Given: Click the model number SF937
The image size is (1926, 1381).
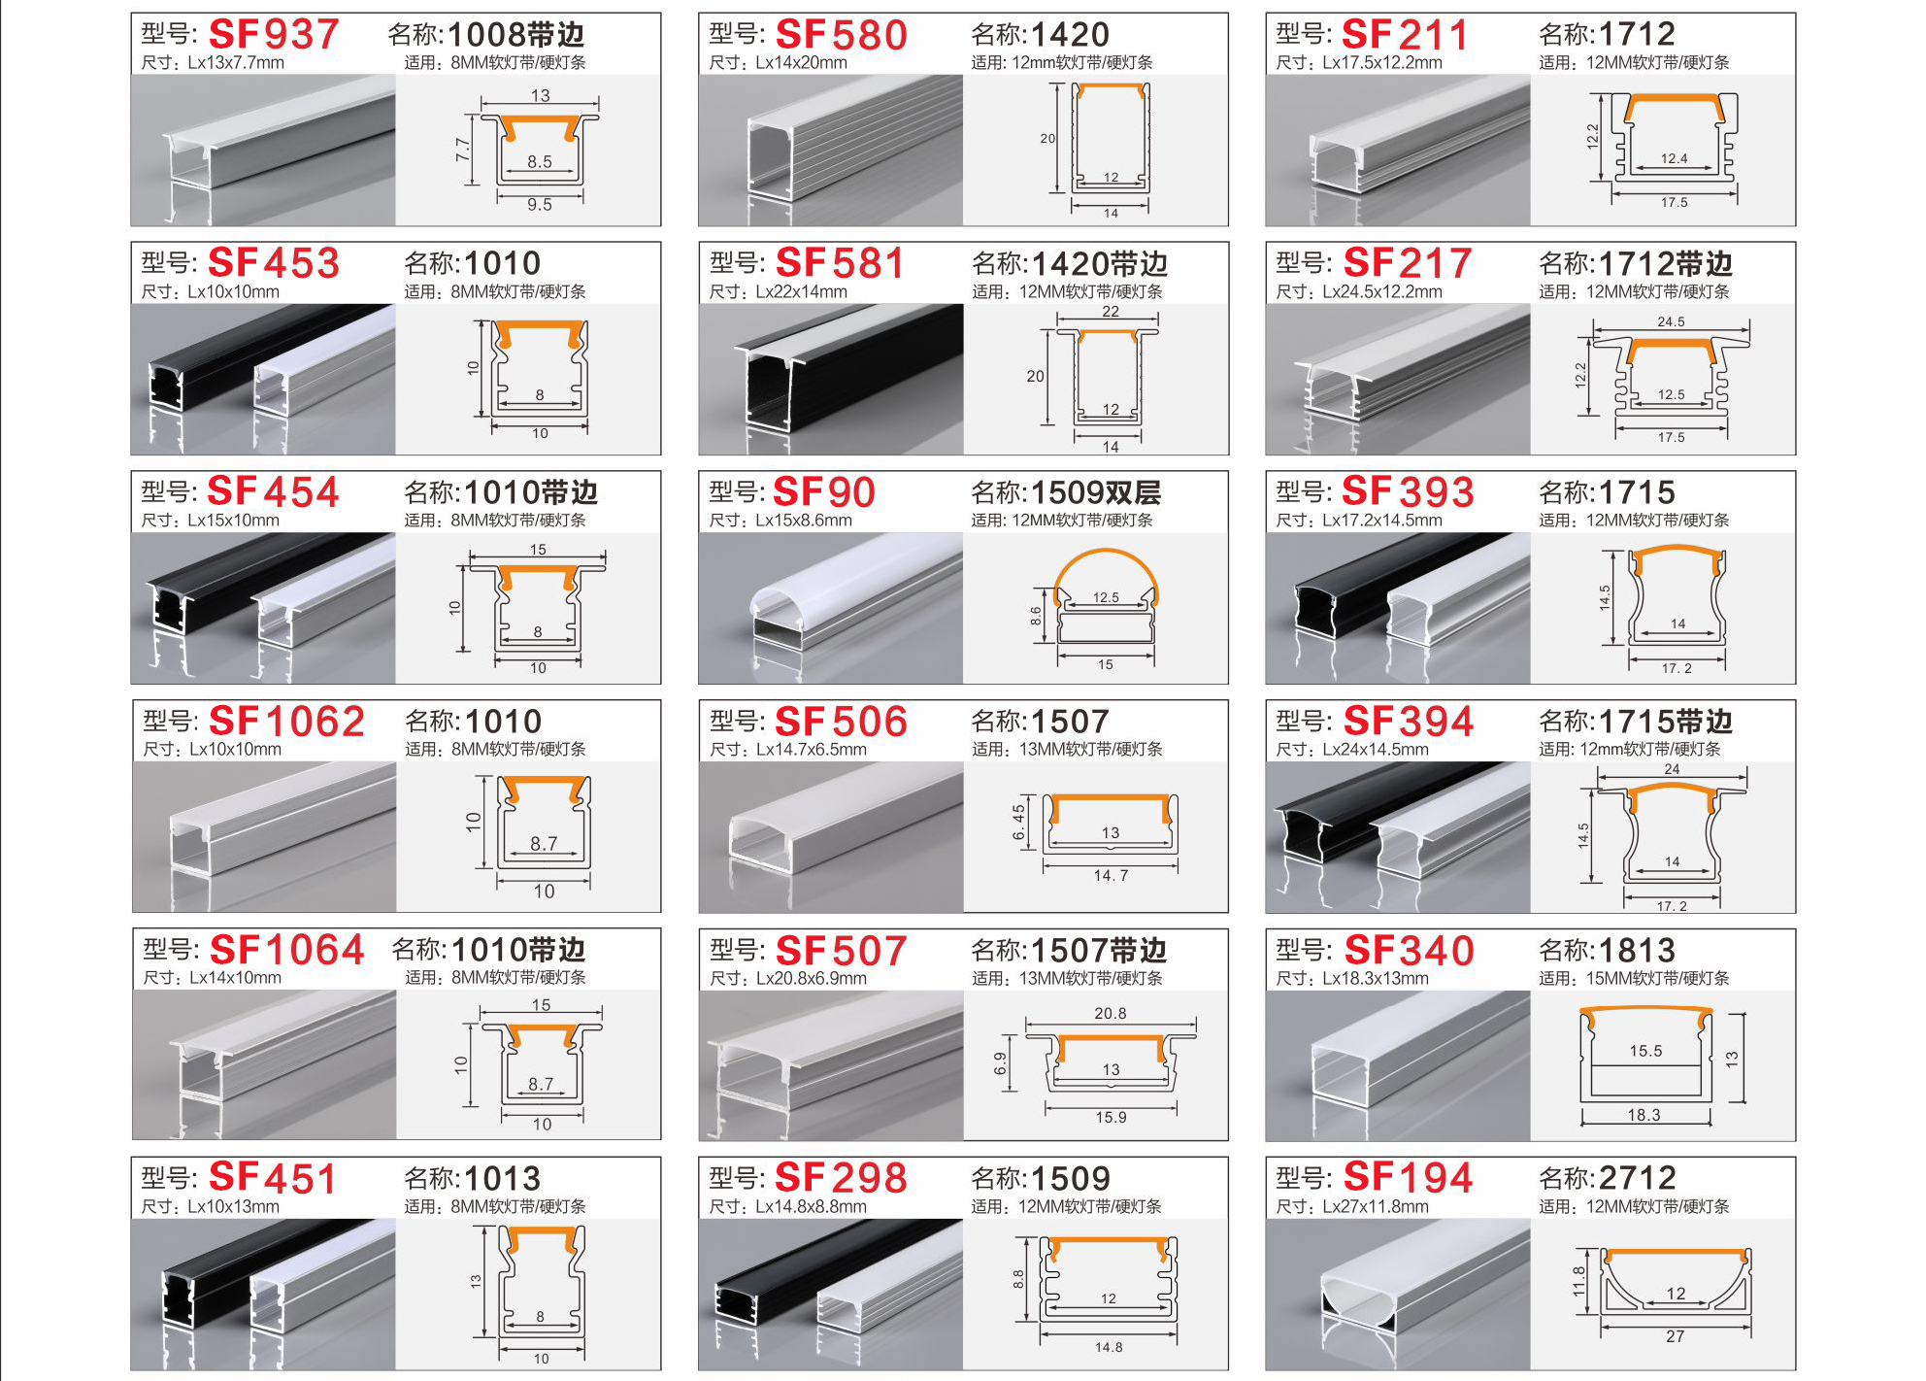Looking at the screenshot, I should [274, 35].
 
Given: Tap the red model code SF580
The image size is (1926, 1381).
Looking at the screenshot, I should [841, 35].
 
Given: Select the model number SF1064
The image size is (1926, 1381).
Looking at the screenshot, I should [286, 950].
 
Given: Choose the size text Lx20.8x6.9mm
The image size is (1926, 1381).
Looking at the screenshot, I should [811, 978].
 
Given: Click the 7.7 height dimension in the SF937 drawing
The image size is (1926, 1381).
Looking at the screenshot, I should [463, 150].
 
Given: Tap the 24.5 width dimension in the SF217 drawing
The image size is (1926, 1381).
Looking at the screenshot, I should [1671, 321].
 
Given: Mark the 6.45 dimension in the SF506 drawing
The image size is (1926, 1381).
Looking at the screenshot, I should [1018, 823].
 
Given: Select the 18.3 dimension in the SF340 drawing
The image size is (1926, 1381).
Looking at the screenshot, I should [1644, 1115].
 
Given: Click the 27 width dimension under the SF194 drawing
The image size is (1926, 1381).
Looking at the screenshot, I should [1675, 1336].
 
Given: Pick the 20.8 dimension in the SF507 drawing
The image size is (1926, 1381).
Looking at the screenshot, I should [1110, 1014].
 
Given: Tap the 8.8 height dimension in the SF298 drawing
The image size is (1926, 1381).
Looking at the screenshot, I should [1018, 1279].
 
